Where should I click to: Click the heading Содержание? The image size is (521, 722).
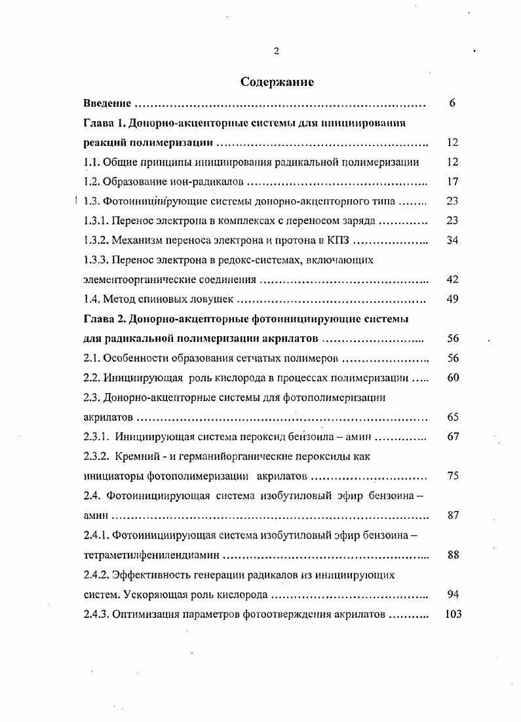277,82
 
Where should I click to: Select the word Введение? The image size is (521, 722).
108,104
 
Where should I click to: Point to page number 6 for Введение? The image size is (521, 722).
452,104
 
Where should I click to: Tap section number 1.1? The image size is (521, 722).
92,162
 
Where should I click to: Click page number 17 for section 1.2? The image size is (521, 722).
452,181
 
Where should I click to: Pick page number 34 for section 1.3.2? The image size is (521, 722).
452,240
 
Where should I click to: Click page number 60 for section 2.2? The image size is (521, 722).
452,378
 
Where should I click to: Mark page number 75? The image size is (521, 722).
452,476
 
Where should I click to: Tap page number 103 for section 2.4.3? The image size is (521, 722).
452,614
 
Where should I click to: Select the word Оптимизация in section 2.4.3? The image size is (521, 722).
144,614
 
